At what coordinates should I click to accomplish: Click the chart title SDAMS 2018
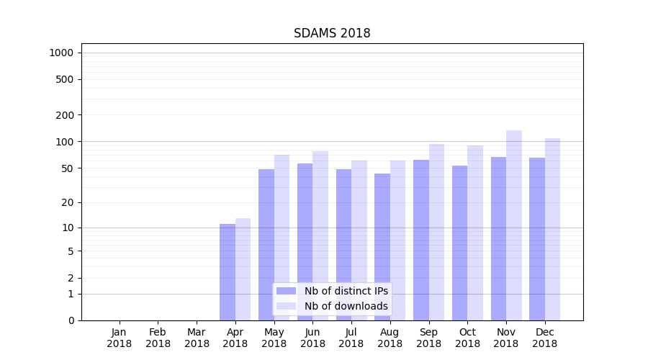coord(332,33)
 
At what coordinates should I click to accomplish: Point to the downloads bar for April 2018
coord(243,269)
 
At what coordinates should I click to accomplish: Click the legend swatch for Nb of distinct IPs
coord(286,291)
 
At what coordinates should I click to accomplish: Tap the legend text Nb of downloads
coord(346,306)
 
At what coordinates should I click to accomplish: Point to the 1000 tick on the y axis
coord(61,53)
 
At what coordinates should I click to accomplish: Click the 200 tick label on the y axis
coord(66,115)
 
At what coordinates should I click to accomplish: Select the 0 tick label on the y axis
coord(71,320)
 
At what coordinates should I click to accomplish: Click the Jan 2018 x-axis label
coord(120,338)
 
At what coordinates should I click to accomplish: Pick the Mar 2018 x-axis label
coord(197,338)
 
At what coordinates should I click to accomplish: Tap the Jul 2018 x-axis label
coord(351,338)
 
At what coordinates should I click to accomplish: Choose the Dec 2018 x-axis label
coord(544,338)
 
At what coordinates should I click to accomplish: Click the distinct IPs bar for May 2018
coord(266,245)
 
